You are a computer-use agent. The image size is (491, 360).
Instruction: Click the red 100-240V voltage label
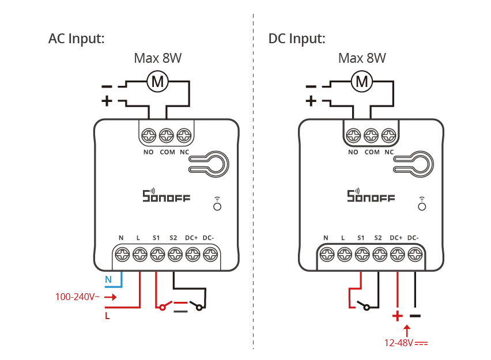tap(73, 297)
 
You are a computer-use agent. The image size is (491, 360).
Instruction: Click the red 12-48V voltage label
tap(399, 344)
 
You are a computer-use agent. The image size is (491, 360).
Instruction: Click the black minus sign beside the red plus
tap(416, 316)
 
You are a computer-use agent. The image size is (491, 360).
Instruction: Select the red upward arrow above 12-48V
tap(408, 330)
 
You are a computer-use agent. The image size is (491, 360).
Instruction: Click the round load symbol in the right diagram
tap(361, 82)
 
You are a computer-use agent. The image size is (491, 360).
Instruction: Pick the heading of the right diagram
tap(296, 40)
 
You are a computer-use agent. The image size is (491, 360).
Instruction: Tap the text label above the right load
tap(361, 58)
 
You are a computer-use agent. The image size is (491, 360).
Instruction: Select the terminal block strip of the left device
tap(166, 249)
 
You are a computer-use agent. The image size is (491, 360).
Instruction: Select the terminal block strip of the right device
tap(371, 249)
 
